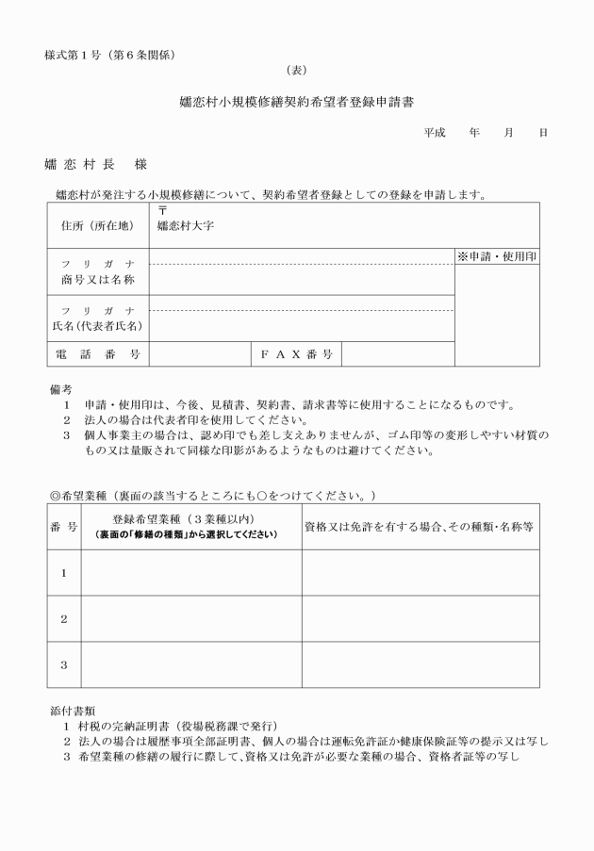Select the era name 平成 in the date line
point(434,133)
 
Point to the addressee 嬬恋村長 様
point(95,164)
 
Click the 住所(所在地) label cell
point(97,226)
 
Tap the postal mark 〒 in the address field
point(162,211)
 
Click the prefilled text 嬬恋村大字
point(186,226)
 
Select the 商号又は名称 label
point(97,280)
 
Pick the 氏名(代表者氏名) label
point(97,326)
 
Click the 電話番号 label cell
point(97,354)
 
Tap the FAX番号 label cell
point(296,354)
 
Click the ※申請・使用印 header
point(497,256)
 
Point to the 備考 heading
point(59,388)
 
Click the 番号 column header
point(63,526)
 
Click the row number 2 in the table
point(63,619)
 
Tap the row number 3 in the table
point(63,665)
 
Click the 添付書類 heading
point(71,709)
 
